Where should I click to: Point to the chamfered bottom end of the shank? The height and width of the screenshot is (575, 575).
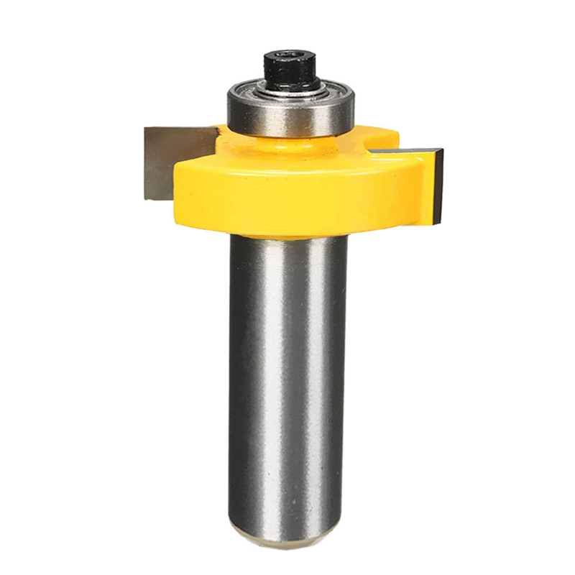coord(287,535)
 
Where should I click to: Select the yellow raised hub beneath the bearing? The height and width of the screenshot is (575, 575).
coord(287,144)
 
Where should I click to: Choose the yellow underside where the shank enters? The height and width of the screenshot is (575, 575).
coord(287,234)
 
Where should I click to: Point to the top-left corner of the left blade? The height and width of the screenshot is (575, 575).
coord(146,130)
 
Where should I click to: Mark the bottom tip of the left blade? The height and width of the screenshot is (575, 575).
coord(148,198)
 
